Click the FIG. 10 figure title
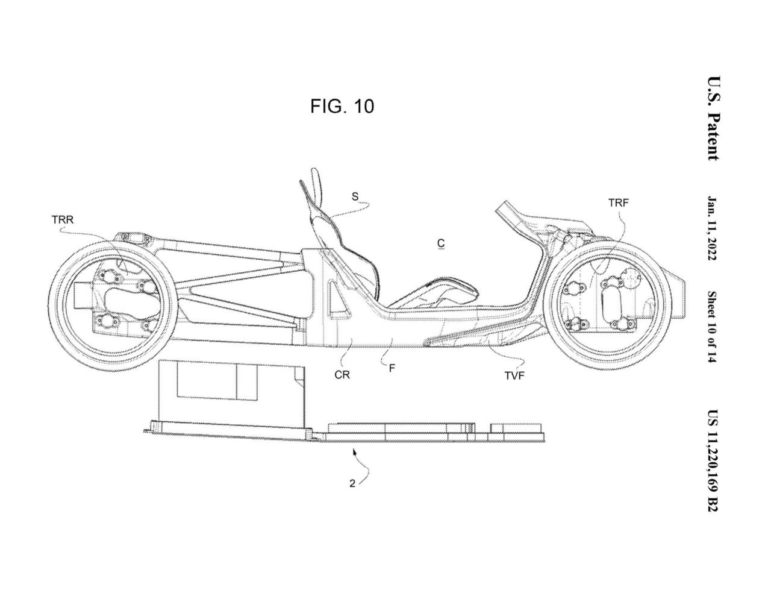coord(342,107)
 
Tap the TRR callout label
coord(63,219)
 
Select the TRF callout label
coord(618,203)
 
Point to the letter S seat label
coord(355,196)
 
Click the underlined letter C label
coord(441,243)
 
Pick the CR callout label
coord(342,374)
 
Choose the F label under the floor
coord(392,367)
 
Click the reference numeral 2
coord(351,483)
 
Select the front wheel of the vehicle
coord(610,300)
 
